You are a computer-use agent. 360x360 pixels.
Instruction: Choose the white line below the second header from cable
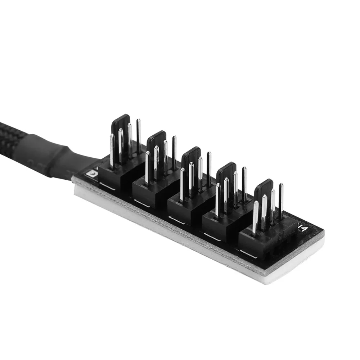141,203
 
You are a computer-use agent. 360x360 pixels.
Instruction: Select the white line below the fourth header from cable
212,236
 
